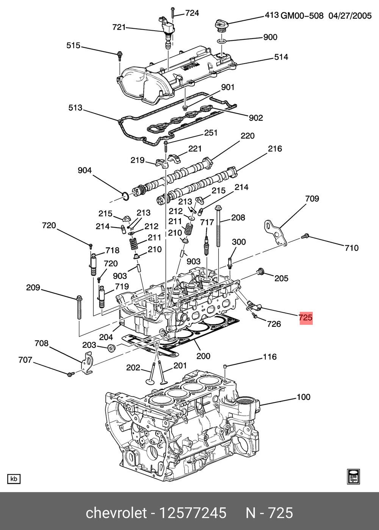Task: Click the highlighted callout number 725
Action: point(305,317)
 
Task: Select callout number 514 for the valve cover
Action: point(281,57)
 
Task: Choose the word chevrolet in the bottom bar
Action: point(116,513)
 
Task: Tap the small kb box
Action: point(14,479)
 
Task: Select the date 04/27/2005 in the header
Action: point(350,16)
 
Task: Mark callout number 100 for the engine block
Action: point(303,397)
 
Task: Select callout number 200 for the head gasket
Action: point(203,356)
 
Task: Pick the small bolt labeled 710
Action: point(304,236)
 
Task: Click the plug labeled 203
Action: point(111,348)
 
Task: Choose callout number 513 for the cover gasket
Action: point(75,108)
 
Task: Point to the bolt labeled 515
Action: point(119,55)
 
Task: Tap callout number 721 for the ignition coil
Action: point(119,27)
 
